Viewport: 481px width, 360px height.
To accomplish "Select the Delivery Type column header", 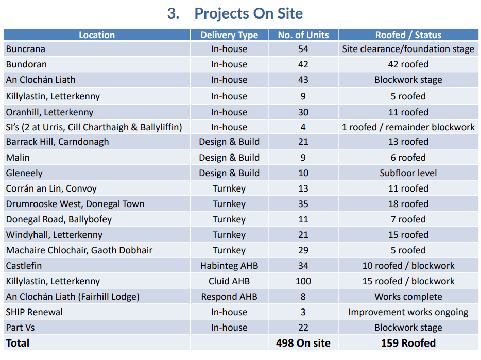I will pos(229,35).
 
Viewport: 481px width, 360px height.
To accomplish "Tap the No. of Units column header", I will pos(303,35).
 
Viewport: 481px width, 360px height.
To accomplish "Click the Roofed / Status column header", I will pos(408,35).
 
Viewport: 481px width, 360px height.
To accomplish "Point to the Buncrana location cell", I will pos(26,49).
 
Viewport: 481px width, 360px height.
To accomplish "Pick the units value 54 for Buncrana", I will pos(303,49).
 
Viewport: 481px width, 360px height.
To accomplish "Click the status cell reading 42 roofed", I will pos(408,65).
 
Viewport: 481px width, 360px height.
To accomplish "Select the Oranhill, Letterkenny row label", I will pos(50,112).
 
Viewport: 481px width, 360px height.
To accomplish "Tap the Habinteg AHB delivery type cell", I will pos(229,266).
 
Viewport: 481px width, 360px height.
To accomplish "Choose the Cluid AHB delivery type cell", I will pos(229,281).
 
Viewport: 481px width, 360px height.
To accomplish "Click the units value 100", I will pos(303,281).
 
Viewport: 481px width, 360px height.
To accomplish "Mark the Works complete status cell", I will pos(408,297).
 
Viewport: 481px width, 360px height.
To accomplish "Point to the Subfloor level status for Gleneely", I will pos(408,173).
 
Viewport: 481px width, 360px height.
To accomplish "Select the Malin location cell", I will pos(18,158).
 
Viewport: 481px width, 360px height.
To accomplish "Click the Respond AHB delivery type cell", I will pos(229,297).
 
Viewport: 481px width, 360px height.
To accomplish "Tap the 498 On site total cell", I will pos(303,343).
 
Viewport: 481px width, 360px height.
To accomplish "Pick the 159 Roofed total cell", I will pos(408,343).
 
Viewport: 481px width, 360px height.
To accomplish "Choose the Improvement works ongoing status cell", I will pos(408,312).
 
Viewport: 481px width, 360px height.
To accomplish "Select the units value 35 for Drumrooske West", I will pos(303,204).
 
